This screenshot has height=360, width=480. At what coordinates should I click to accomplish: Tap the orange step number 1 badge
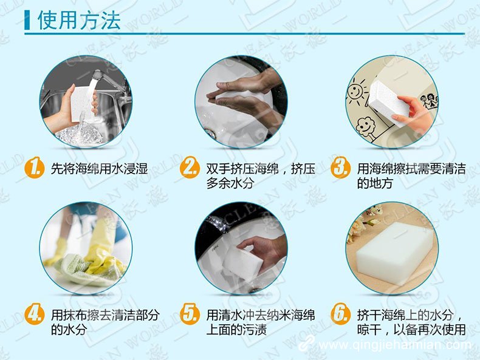[x=35, y=168]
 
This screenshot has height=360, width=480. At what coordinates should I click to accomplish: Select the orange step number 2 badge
[x=190, y=168]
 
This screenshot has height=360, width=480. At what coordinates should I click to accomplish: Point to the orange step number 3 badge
[x=341, y=168]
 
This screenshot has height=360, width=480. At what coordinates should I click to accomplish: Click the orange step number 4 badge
[x=35, y=314]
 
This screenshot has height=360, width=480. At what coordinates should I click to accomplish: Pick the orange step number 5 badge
[x=190, y=314]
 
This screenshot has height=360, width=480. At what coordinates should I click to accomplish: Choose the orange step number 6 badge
[x=341, y=314]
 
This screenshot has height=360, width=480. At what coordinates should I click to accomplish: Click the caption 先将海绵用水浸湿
[x=99, y=169]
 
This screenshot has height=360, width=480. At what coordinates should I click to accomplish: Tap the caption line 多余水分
[x=230, y=183]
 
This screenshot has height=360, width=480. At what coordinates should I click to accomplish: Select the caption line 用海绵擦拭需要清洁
[x=411, y=169]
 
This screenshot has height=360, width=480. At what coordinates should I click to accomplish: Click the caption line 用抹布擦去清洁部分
[x=105, y=315]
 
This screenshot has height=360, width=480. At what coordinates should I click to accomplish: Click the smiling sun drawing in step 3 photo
[x=355, y=92]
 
